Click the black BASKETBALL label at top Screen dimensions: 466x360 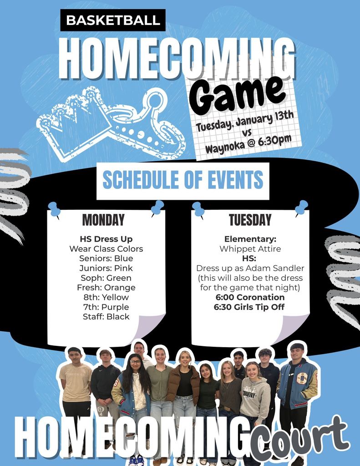click(x=113, y=20)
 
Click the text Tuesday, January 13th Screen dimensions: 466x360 click(x=245, y=122)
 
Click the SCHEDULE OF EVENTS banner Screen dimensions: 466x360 click(x=183, y=180)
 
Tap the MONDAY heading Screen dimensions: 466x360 click(x=103, y=220)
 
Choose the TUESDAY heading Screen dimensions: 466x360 click(x=250, y=220)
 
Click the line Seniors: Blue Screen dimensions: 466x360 click(x=106, y=258)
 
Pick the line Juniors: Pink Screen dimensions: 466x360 click(x=106, y=268)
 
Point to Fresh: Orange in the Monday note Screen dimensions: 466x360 click(x=106, y=288)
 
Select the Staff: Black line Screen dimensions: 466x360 click(x=106, y=317)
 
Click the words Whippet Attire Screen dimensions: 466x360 click(x=250, y=249)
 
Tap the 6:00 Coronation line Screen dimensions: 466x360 click(x=249, y=297)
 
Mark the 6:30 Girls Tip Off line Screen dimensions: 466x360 click(x=249, y=307)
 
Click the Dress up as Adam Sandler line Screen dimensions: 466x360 click(x=250, y=268)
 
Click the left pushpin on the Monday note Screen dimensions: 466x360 click(x=54, y=209)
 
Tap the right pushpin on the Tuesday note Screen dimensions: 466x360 click(x=301, y=208)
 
